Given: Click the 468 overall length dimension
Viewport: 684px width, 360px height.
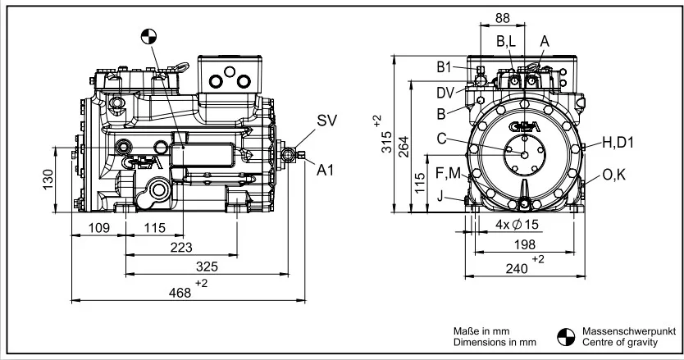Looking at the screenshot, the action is (180, 292).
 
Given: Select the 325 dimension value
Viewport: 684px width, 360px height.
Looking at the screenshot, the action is (207, 267).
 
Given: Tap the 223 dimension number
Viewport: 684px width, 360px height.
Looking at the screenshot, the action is (181, 248).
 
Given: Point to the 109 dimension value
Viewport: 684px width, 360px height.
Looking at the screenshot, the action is (99, 228).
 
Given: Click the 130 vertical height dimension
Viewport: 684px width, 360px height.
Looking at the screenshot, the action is (48, 179).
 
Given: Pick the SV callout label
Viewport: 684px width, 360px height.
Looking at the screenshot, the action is (326, 121).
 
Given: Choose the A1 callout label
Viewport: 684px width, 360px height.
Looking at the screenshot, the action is (325, 171).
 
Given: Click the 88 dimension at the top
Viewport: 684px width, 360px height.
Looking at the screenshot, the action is (503, 18).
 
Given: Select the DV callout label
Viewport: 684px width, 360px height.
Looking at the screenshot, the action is (445, 93).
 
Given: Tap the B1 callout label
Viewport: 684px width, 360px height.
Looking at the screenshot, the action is (444, 67).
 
